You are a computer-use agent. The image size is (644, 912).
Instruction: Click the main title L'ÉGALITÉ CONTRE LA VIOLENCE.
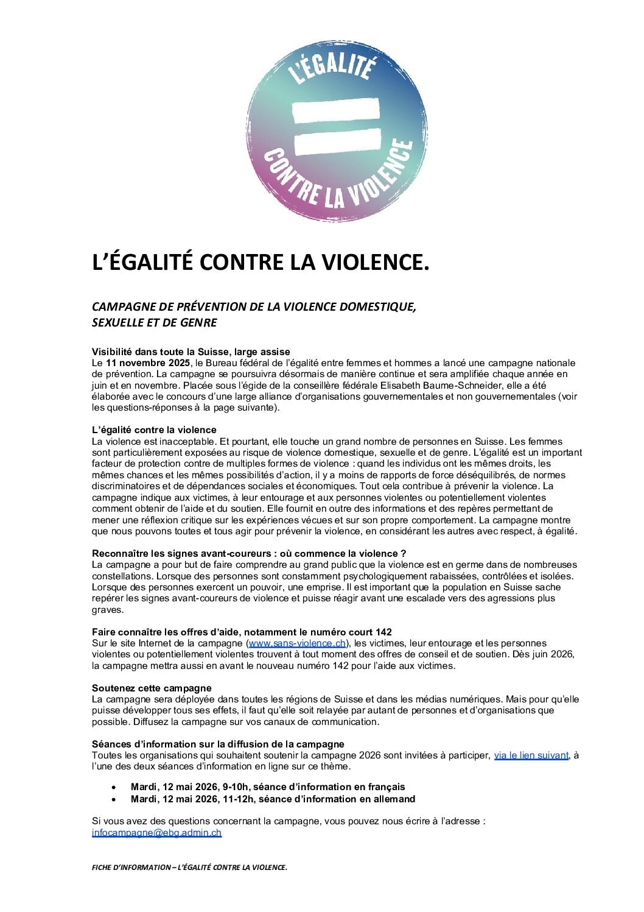point(261,262)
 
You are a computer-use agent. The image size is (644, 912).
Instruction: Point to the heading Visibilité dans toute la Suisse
point(191,352)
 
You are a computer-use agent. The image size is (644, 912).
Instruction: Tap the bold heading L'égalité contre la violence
point(154,430)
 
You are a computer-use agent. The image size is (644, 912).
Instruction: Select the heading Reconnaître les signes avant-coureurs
point(248,553)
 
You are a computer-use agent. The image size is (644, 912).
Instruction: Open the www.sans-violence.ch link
point(298,643)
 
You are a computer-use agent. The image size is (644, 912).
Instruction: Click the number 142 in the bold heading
point(383,632)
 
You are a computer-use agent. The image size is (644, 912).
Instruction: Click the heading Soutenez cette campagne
point(152,688)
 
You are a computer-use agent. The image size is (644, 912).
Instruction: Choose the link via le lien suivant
point(531,755)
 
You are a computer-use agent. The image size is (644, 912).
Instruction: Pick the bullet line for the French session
point(268,787)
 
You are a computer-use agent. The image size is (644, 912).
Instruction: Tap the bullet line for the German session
point(273,799)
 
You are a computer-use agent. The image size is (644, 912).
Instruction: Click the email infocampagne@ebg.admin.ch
point(156,833)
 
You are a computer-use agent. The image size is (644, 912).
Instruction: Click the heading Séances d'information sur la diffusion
point(218,744)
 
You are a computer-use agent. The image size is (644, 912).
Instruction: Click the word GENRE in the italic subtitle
point(198,323)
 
